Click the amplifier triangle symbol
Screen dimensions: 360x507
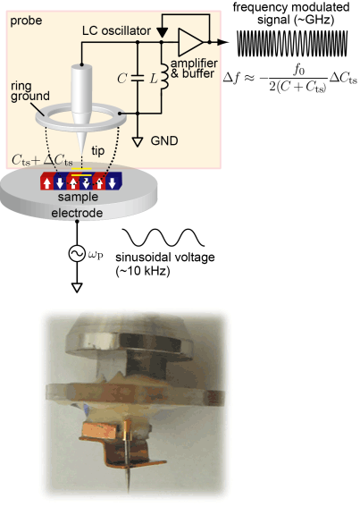coord(189,42)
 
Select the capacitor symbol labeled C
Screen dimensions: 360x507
coord(138,78)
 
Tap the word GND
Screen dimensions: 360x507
coord(164,141)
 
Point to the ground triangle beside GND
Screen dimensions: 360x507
coord(138,142)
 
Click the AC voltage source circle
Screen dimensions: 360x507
coord(77,254)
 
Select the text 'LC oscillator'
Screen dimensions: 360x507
coord(116,31)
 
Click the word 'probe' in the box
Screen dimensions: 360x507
coord(26,21)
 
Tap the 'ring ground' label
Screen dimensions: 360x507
coord(30,91)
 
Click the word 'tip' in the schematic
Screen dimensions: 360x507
coord(98,151)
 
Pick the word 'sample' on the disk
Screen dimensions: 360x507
coord(78,198)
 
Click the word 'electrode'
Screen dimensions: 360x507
coord(77,213)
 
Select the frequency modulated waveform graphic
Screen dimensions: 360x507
coord(292,43)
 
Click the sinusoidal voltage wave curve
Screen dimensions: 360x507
coord(163,237)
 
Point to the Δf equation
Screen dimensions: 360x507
coord(289,80)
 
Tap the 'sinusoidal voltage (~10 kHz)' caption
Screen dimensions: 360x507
coord(164,264)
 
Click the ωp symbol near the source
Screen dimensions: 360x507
coord(95,255)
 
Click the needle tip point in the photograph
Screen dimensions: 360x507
coord(129,491)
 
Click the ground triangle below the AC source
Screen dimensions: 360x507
coord(77,288)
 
